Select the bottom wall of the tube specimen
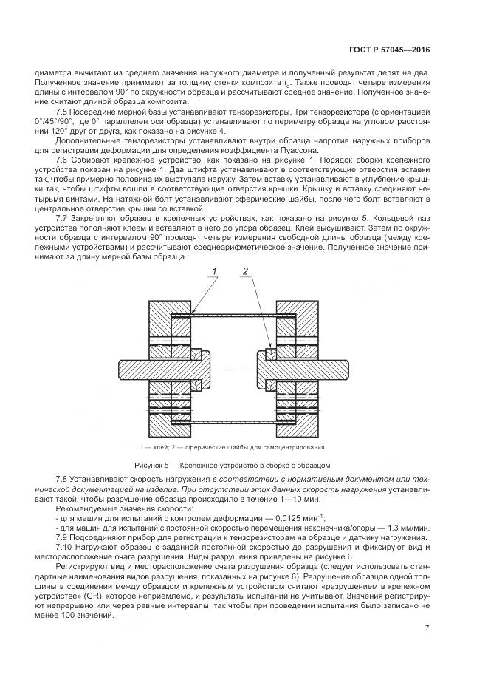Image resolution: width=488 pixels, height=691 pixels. tap(233, 421)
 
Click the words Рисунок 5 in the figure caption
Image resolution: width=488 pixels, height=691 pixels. tap(154, 466)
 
